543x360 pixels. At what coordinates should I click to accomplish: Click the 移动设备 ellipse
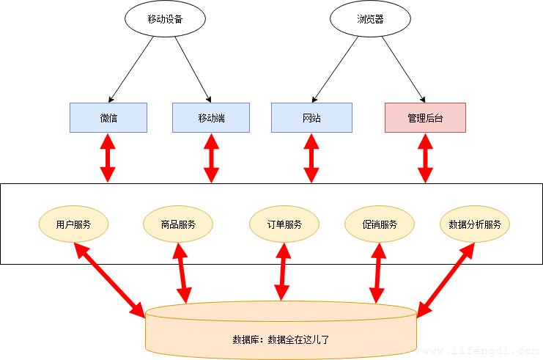(x=165, y=19)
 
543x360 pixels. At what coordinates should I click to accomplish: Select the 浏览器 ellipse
(x=370, y=19)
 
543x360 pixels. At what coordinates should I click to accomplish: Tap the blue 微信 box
(x=108, y=118)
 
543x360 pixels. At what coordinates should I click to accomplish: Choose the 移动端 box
(x=211, y=118)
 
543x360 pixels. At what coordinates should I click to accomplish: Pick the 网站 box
(x=311, y=118)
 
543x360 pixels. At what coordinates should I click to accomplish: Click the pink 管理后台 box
(x=425, y=118)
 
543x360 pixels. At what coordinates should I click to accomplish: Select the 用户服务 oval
(x=73, y=224)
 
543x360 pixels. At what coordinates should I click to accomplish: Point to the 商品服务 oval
(x=178, y=224)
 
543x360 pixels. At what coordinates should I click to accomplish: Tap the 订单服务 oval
(x=284, y=224)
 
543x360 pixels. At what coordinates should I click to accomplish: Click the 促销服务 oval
(x=380, y=224)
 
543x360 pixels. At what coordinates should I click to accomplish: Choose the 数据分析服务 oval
(x=475, y=224)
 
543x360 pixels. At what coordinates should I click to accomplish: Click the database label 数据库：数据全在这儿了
(x=281, y=339)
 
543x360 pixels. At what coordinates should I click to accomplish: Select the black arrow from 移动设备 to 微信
(x=131, y=70)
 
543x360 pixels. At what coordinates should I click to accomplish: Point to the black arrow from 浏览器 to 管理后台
(x=404, y=70)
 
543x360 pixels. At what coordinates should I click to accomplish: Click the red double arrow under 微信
(x=108, y=158)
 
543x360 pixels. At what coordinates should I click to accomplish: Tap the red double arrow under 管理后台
(x=425, y=158)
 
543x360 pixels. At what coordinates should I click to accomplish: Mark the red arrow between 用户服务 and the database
(x=110, y=280)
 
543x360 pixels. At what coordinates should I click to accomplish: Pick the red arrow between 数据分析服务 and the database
(x=446, y=280)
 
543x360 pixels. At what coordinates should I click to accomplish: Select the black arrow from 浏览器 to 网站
(x=335, y=70)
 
